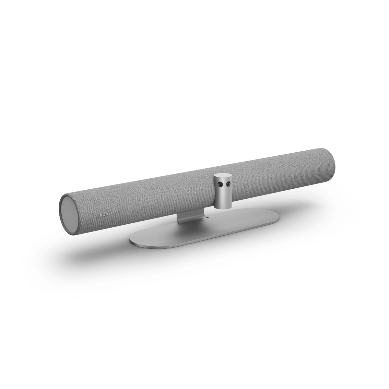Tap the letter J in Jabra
97,214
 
